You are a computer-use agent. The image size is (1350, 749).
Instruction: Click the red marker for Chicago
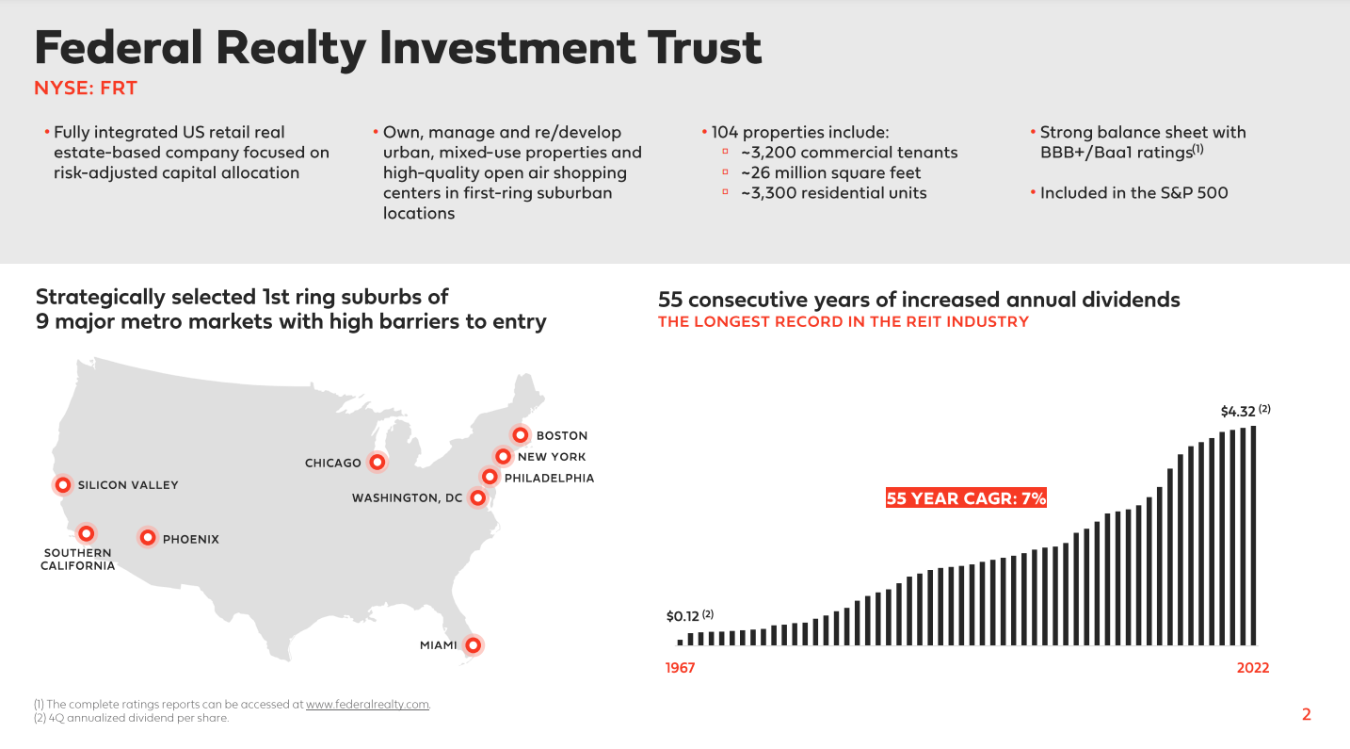coord(378,462)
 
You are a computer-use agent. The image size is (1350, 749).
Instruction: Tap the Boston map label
coord(561,435)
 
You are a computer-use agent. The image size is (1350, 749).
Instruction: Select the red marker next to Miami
coord(474,645)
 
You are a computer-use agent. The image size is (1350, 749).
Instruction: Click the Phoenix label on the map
coord(190,539)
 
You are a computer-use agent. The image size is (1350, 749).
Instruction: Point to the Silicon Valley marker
coord(63,485)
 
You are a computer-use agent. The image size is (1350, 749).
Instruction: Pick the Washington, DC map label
coord(407,497)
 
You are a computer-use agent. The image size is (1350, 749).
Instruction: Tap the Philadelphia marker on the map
coord(489,477)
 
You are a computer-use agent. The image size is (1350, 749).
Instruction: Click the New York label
coord(552,457)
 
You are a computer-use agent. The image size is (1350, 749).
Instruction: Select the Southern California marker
coord(86,533)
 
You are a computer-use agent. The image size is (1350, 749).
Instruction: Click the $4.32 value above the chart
coord(1239,412)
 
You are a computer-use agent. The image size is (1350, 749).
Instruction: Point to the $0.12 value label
coord(683,616)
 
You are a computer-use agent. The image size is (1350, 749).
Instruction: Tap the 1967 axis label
coord(680,668)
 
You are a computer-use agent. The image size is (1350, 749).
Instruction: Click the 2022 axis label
coord(1252,668)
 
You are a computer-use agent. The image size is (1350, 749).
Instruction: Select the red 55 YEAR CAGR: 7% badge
coord(966,498)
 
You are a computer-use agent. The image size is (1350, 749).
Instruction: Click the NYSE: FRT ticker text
coord(86,89)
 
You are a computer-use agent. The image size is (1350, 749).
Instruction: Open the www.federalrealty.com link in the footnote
coord(367,704)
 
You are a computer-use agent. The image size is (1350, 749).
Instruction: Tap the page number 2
coord(1306,714)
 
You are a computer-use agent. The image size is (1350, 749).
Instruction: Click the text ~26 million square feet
coord(830,172)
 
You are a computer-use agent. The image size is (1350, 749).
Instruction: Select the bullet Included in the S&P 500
coord(1133,193)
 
